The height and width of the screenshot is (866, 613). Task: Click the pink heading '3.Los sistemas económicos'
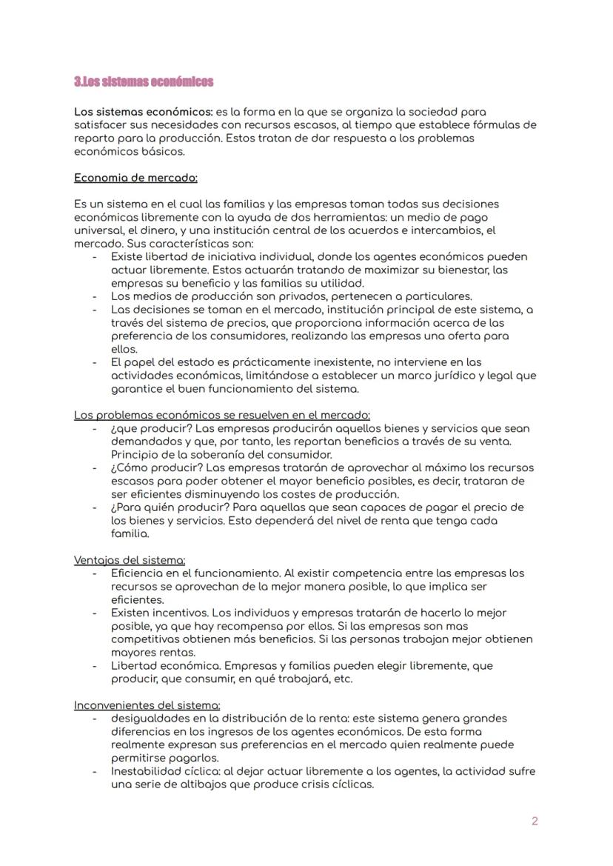pos(144,81)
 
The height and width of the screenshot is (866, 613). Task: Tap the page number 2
pos(535,821)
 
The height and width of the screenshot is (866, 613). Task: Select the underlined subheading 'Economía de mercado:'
pos(135,178)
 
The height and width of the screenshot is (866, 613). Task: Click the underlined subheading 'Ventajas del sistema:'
pos(130,560)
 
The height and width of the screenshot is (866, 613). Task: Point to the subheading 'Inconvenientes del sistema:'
pos(147,705)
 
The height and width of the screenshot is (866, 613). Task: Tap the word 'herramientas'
pos(352,217)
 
